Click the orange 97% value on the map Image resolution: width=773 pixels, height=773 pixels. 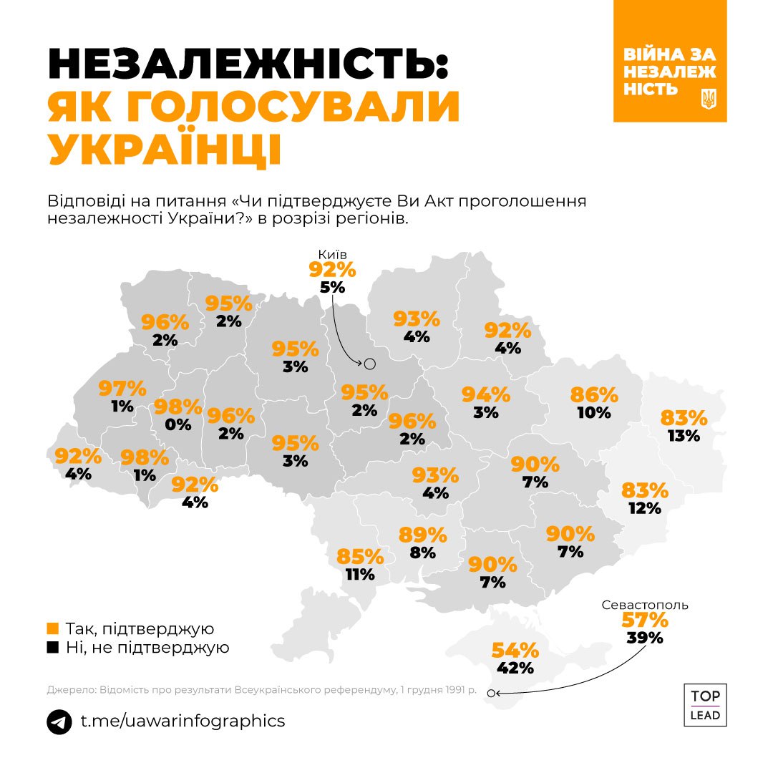tap(122, 389)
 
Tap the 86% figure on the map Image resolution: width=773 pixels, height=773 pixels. tap(594, 394)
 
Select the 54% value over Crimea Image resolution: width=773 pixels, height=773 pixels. tap(515, 651)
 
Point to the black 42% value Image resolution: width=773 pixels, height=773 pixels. tap(515, 669)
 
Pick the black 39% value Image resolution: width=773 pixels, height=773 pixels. tap(644, 638)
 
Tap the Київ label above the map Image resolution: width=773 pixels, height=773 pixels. tap(332, 254)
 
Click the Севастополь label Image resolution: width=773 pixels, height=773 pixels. tap(644, 604)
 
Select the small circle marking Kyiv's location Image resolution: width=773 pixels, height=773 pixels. tap(370, 364)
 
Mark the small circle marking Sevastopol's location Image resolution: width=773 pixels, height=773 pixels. tap(490, 693)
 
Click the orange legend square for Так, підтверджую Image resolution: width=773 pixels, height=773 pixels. tap(52, 629)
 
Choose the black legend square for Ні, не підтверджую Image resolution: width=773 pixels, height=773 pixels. tap(52, 648)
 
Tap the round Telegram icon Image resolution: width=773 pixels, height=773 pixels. tap(59, 721)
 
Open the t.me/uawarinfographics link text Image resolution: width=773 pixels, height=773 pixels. tap(182, 721)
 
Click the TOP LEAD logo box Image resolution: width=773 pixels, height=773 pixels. tap(705, 705)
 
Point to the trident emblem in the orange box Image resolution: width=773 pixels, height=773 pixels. tap(709, 99)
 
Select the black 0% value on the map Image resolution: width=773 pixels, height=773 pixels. tap(179, 424)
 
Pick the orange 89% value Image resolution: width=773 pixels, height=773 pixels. tap(423, 535)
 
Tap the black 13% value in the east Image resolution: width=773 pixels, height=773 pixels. tap(684, 435)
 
